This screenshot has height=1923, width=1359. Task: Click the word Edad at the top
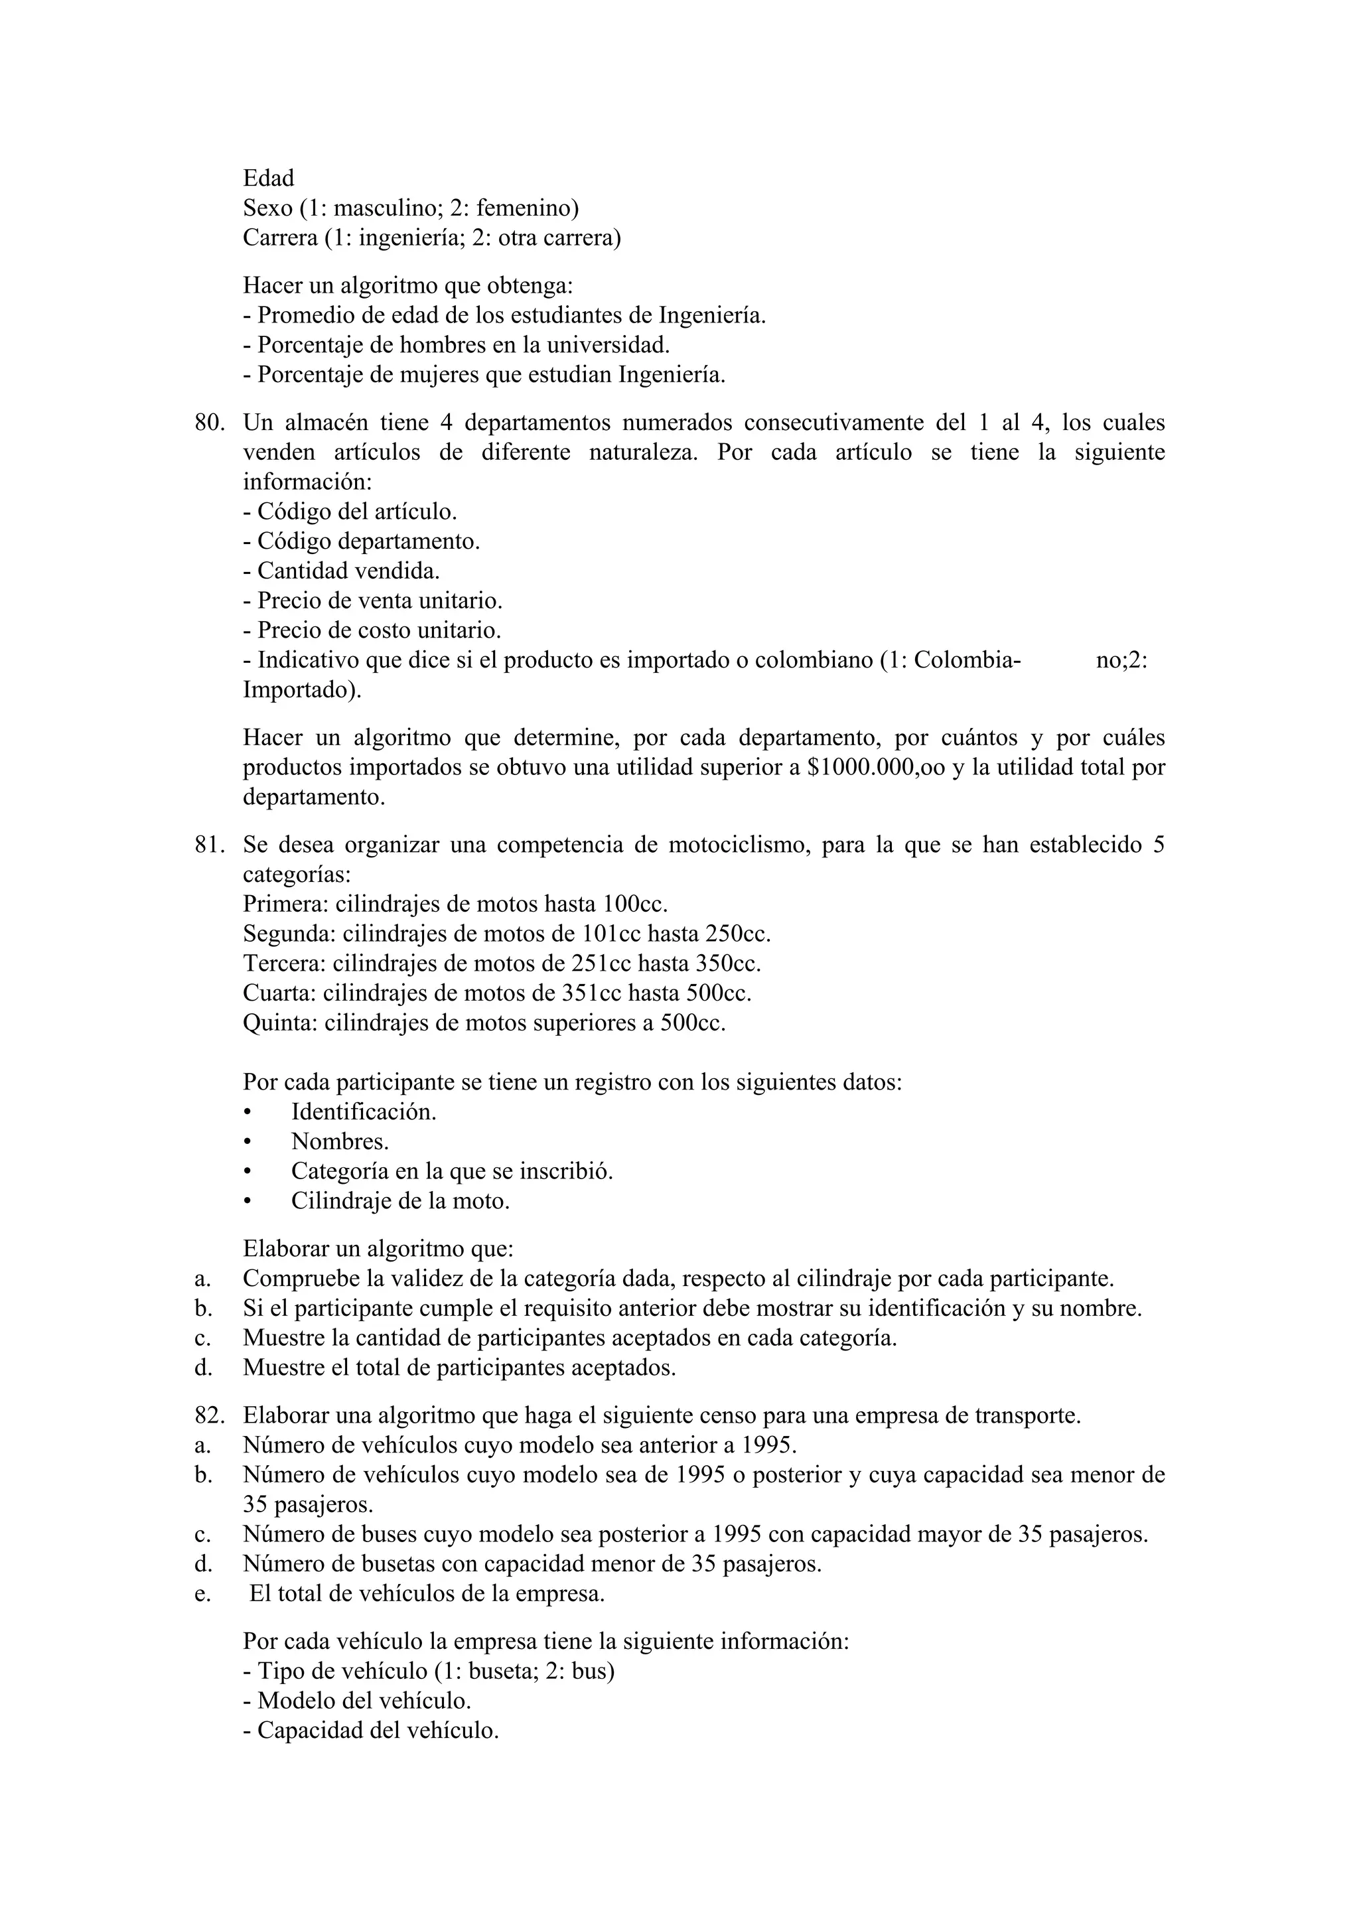click(x=268, y=178)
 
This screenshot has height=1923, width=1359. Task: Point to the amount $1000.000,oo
click(x=877, y=768)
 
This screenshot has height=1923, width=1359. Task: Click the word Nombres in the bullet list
click(x=339, y=1143)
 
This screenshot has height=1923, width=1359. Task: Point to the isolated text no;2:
click(x=1121, y=661)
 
